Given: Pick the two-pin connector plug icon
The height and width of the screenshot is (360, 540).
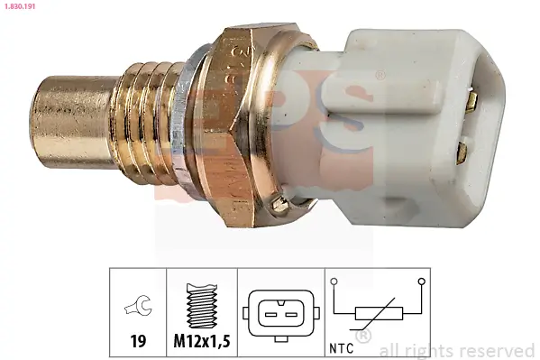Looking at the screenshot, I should coord(279,313).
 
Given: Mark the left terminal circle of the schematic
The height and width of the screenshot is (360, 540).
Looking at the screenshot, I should coord(334,282).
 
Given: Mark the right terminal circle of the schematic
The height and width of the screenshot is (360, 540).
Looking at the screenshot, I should coord(420,282).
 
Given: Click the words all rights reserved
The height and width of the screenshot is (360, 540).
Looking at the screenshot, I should coord(457,350).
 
